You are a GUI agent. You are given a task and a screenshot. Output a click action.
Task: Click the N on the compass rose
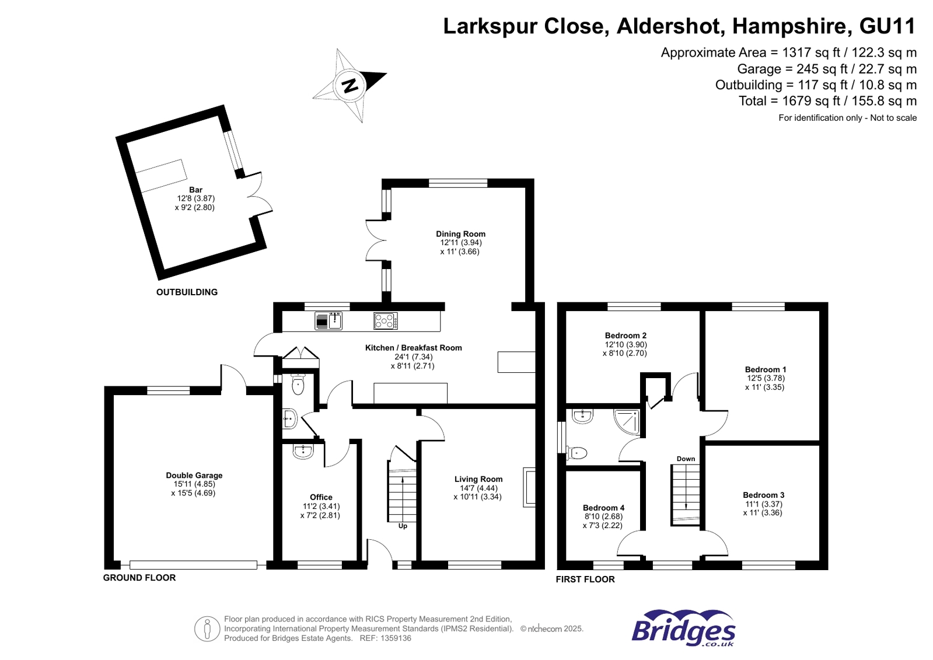(350, 86)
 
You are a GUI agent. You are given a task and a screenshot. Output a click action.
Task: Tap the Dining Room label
(460, 234)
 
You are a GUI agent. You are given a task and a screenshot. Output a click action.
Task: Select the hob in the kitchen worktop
(386, 321)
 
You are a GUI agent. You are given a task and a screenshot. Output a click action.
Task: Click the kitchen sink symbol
(329, 321)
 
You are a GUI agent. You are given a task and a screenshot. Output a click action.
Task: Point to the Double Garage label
(194, 476)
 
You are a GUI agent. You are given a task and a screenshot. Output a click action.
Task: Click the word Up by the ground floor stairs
(403, 526)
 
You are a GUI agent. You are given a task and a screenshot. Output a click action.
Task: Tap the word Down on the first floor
(686, 459)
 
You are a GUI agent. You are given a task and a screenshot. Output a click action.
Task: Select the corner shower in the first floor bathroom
(628, 421)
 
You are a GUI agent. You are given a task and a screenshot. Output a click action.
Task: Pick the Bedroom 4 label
(603, 508)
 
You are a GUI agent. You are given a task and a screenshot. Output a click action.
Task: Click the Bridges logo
(683, 629)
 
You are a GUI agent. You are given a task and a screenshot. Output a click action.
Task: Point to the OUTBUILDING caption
(187, 292)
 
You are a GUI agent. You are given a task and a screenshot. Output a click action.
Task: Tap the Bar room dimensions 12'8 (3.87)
(195, 198)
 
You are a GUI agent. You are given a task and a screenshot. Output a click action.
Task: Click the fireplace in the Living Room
(529, 486)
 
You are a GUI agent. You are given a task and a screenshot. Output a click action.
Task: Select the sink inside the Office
(303, 451)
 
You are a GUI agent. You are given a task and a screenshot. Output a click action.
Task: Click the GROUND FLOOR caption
(139, 578)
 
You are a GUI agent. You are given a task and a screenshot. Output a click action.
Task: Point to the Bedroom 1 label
(765, 369)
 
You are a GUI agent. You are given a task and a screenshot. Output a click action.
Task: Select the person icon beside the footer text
(207, 628)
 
